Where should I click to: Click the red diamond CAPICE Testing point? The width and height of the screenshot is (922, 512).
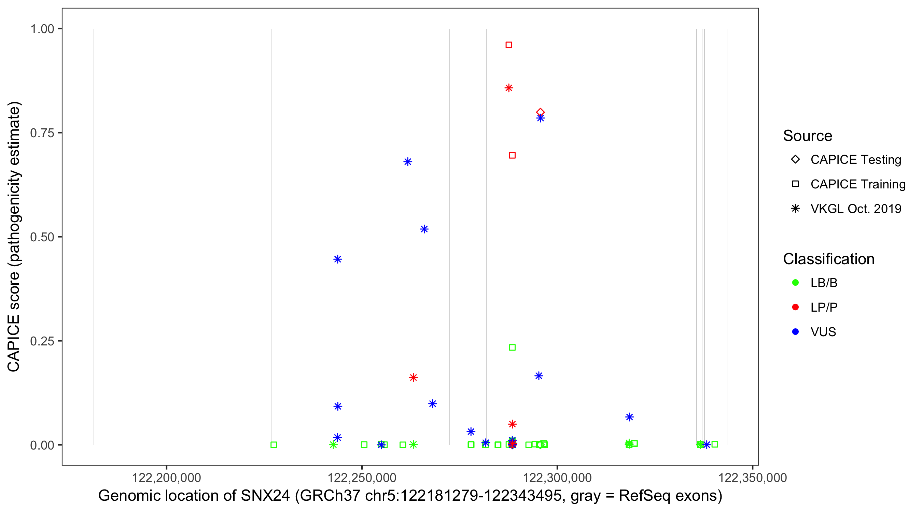(x=541, y=112)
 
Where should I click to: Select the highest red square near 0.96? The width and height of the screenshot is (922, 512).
(x=509, y=45)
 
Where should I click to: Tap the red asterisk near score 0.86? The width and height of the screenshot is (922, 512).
(x=509, y=88)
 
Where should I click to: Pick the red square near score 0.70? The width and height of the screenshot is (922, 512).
(x=512, y=155)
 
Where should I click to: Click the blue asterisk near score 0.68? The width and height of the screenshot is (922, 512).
(x=408, y=162)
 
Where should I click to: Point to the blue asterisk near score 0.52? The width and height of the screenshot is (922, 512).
(x=424, y=229)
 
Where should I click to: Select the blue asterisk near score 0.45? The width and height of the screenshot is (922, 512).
(x=337, y=259)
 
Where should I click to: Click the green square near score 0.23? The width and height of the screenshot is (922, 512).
(x=512, y=347)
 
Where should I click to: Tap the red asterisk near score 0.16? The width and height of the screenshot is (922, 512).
(x=414, y=378)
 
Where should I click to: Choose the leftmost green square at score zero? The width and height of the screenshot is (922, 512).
(x=274, y=445)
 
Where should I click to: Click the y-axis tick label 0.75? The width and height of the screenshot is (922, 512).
(x=42, y=133)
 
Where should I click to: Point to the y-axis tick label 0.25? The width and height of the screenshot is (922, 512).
(x=42, y=341)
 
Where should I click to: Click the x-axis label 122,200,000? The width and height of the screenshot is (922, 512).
(x=166, y=478)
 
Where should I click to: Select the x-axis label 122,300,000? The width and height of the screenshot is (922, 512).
(x=557, y=478)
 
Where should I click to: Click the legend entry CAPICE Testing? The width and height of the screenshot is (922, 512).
(x=855, y=160)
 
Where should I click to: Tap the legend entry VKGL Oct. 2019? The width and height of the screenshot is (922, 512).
(x=855, y=209)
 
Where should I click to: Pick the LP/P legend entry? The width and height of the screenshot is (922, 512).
(x=824, y=307)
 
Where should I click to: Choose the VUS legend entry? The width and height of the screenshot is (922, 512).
(x=823, y=332)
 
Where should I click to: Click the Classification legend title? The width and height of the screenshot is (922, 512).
(x=828, y=259)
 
